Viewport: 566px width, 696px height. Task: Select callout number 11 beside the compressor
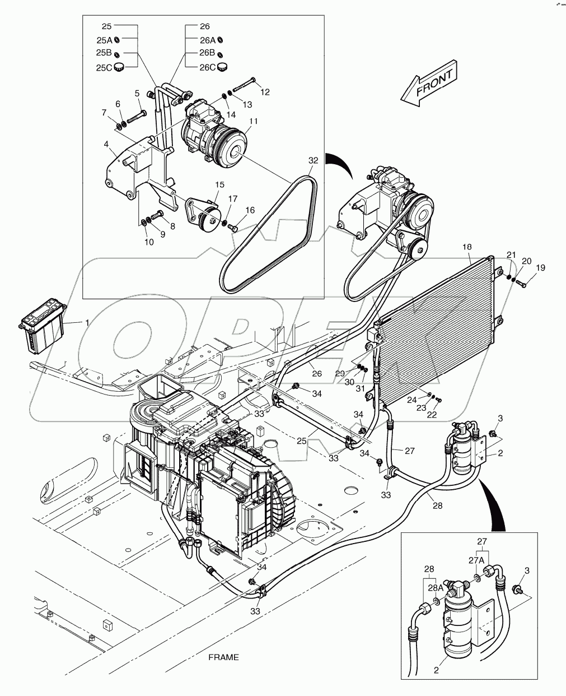pyautogui.click(x=254, y=120)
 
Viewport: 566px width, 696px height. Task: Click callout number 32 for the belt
pyautogui.click(x=313, y=160)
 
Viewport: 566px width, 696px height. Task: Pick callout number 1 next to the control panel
pyautogui.click(x=87, y=323)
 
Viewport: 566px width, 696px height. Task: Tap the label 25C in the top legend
pyautogui.click(x=104, y=68)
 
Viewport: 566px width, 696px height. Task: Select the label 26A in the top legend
pyautogui.click(x=208, y=40)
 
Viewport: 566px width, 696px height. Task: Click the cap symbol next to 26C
pyautogui.click(x=223, y=67)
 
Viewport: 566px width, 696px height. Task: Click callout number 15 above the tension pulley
pyautogui.click(x=219, y=184)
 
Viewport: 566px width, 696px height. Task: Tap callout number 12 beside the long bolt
pyautogui.click(x=265, y=92)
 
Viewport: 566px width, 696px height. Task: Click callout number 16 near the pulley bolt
pyautogui.click(x=250, y=210)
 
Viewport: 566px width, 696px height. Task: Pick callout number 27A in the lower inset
pyautogui.click(x=476, y=559)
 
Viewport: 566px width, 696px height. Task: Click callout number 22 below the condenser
pyautogui.click(x=432, y=415)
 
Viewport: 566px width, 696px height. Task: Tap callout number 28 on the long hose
pyautogui.click(x=437, y=505)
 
